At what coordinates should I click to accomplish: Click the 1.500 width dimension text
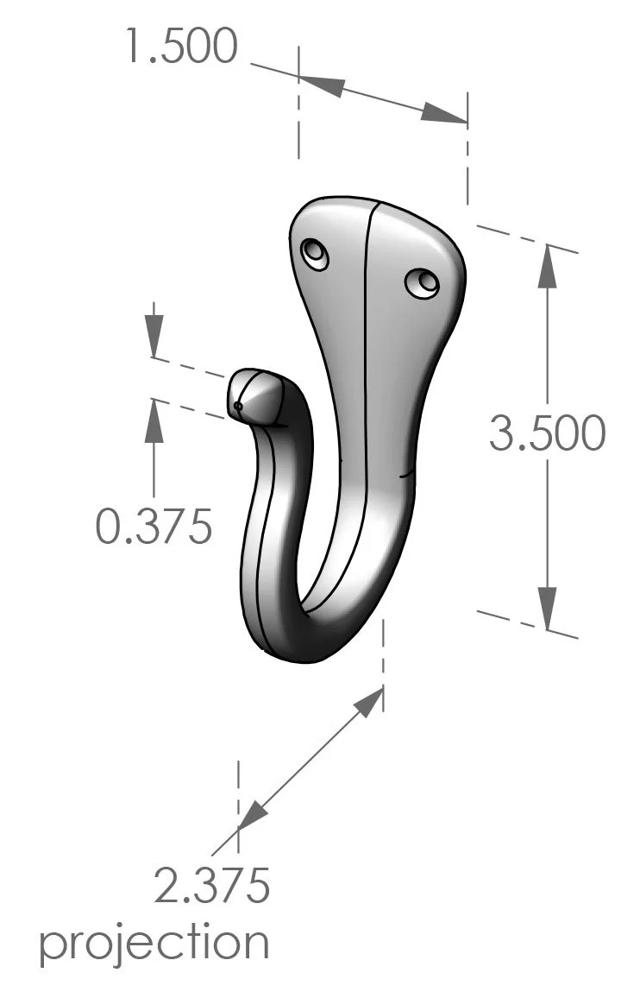(x=180, y=46)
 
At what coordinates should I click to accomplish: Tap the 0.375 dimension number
(x=154, y=526)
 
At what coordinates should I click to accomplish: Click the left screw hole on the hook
(x=315, y=255)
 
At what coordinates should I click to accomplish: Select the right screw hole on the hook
(x=422, y=282)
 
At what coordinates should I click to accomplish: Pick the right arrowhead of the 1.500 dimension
(x=445, y=115)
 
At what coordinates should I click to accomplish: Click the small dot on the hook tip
(x=238, y=405)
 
